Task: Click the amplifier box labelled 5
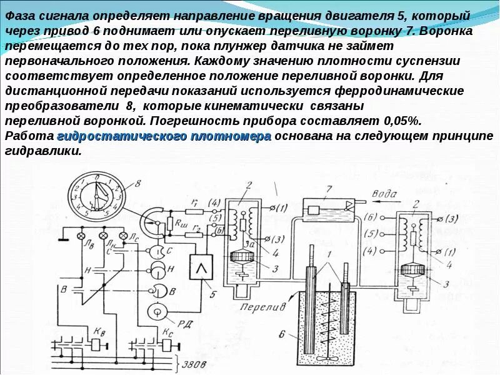tap(201, 269)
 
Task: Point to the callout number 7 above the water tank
tap(329, 189)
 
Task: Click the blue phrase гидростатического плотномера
tap(164, 137)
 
